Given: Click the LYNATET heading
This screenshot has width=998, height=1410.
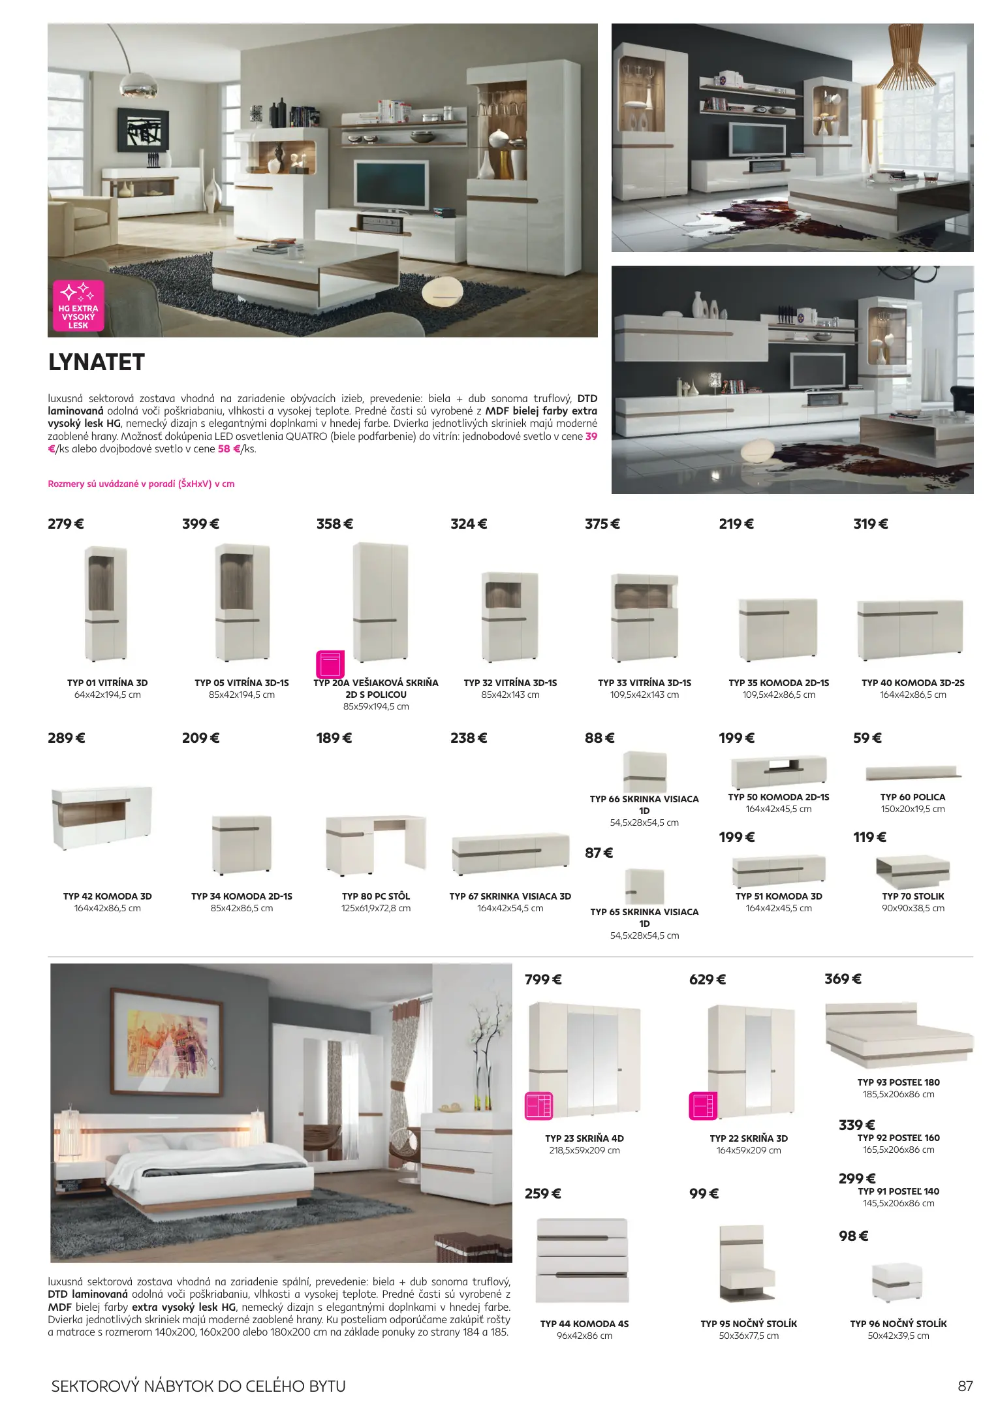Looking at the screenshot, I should tap(97, 362).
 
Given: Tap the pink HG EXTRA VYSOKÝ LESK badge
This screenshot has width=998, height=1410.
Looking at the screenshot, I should tap(78, 306).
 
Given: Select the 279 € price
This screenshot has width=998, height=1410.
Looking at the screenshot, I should tap(66, 524).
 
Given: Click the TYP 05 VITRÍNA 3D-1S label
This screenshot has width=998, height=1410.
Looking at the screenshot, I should tap(242, 683).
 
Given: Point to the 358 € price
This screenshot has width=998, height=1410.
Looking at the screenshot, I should tap(335, 524).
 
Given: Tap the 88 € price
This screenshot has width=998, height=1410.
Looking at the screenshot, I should tap(600, 738).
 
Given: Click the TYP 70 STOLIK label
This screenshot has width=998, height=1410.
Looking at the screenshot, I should tap(913, 896).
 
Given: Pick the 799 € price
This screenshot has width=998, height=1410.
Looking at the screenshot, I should tap(544, 979).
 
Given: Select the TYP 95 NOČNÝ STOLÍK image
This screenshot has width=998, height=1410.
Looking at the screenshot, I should tap(748, 1262).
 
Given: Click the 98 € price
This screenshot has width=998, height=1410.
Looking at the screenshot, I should tap(854, 1236).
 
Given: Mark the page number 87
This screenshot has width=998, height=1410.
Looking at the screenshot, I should tap(965, 1385).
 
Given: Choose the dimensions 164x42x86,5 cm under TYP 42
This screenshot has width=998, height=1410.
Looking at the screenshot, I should tap(107, 908).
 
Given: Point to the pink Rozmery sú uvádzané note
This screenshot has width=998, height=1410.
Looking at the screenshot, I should tap(141, 484).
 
